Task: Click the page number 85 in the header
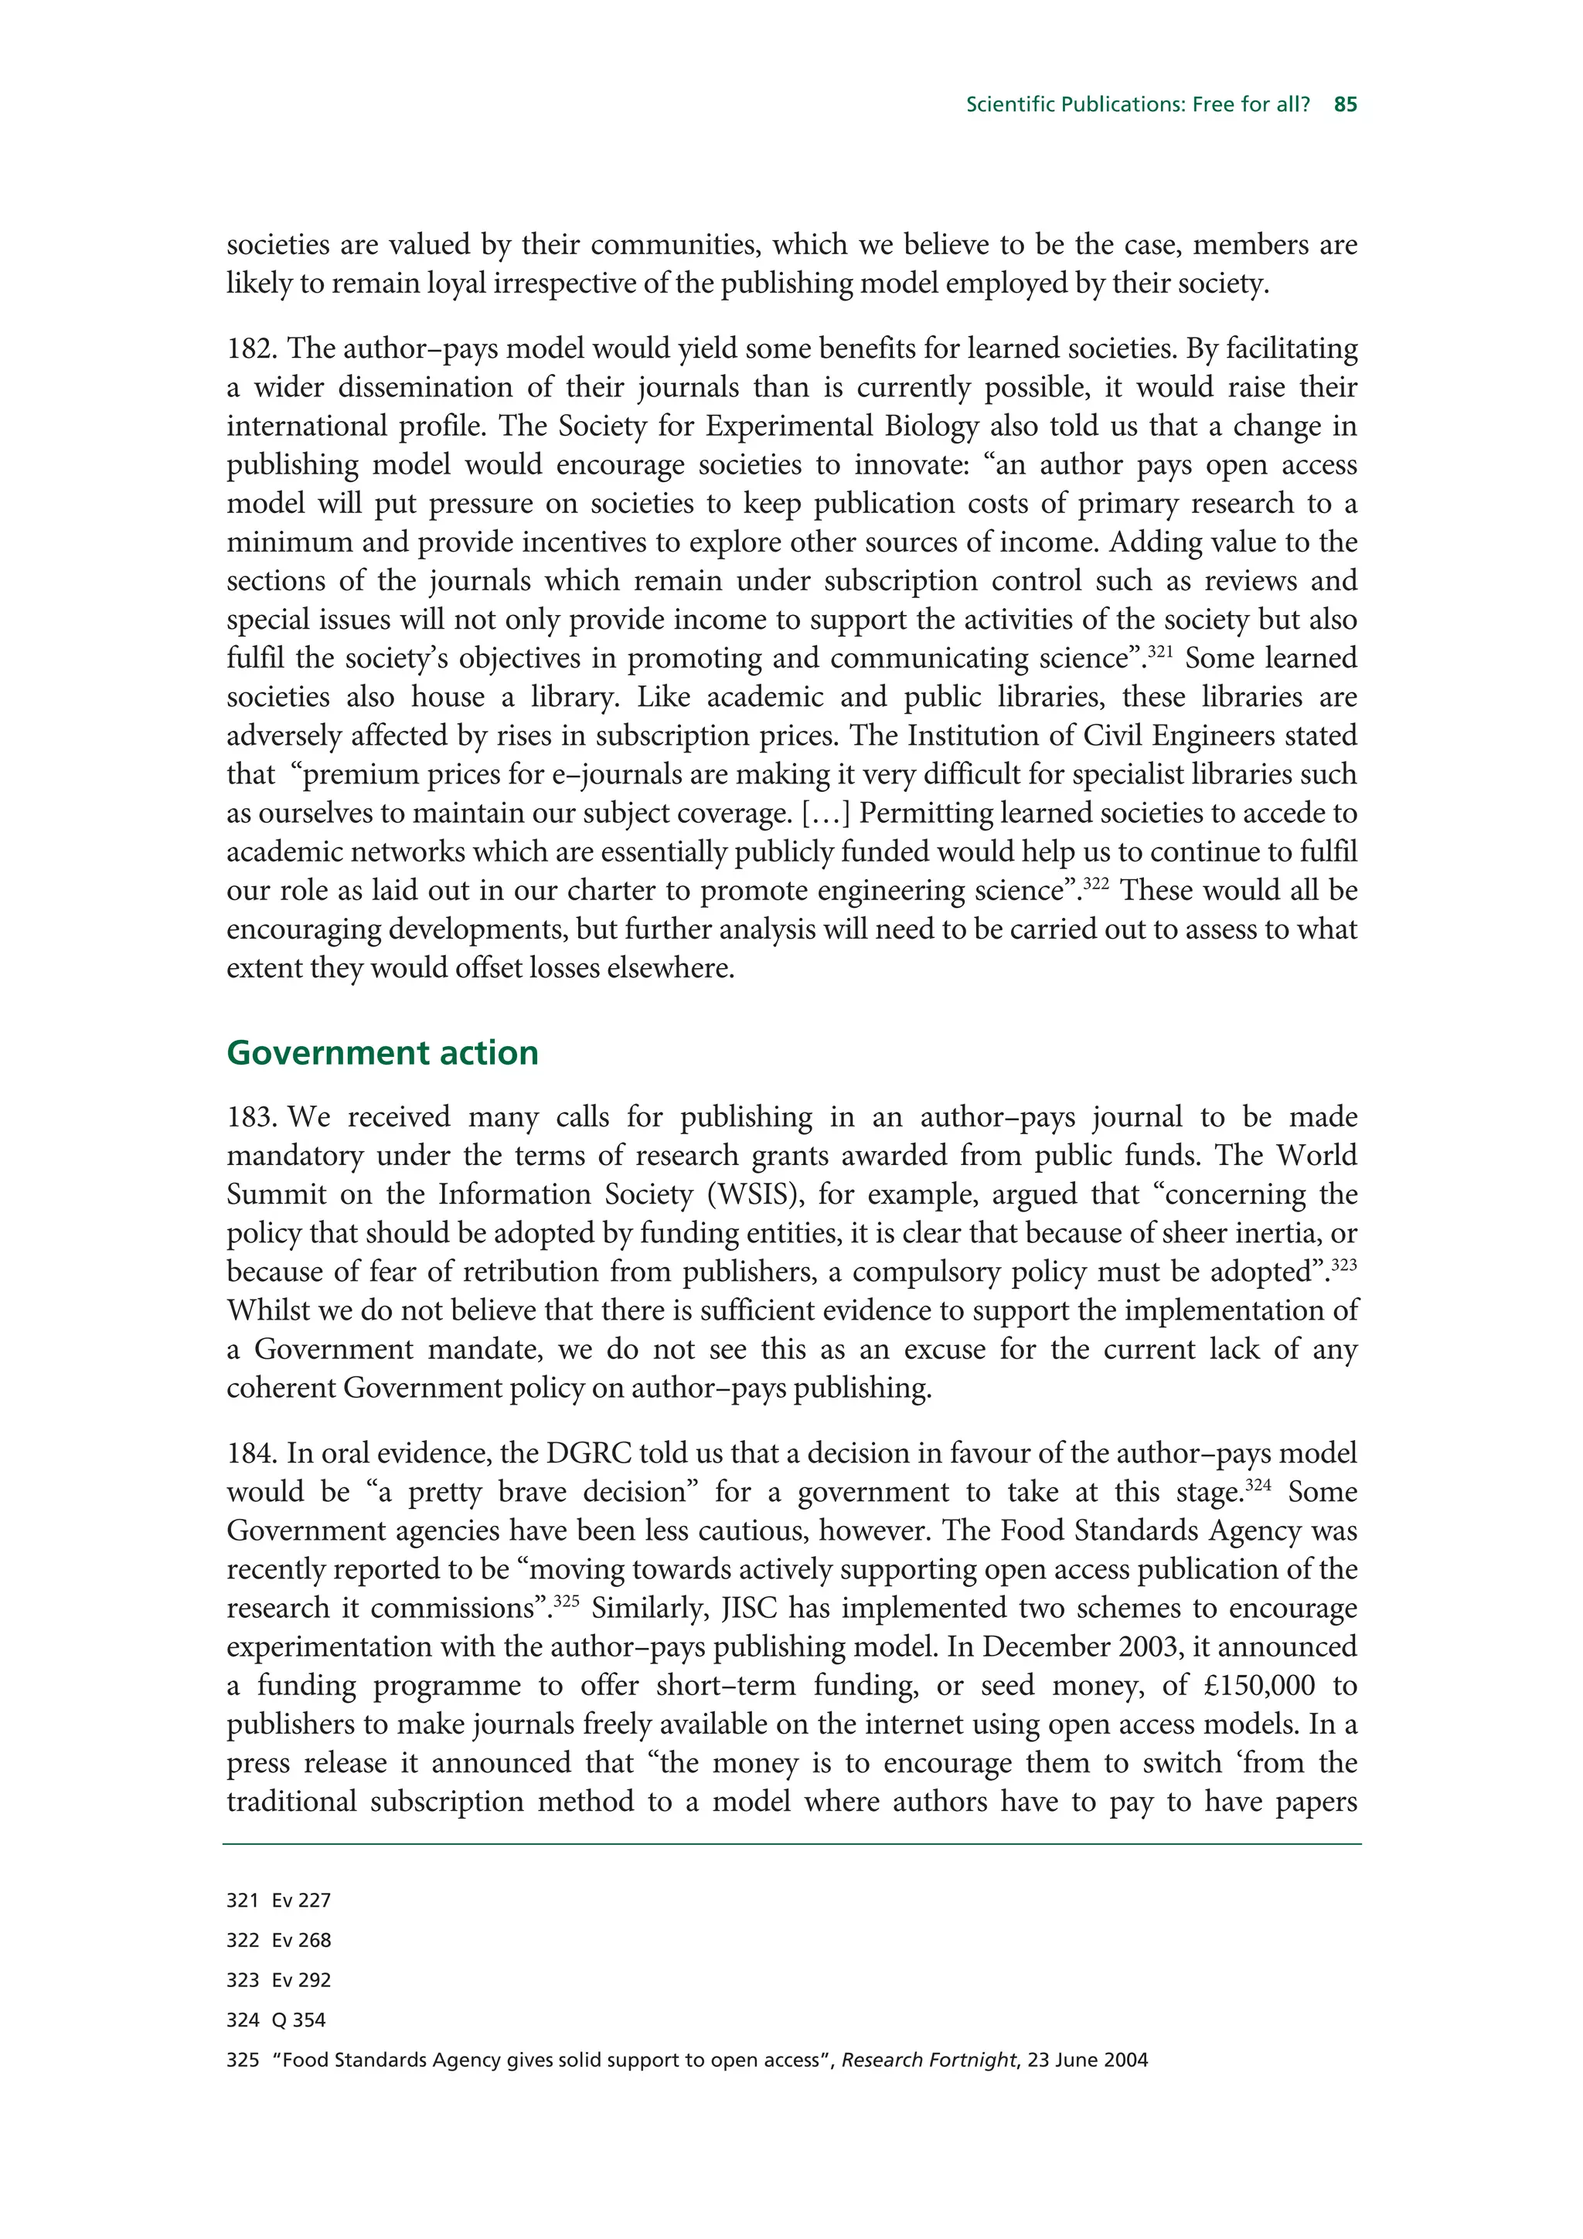[1345, 104]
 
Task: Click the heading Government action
[383, 1053]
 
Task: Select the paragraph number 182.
[252, 349]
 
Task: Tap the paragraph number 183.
[252, 1117]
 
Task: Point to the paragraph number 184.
[252, 1454]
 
